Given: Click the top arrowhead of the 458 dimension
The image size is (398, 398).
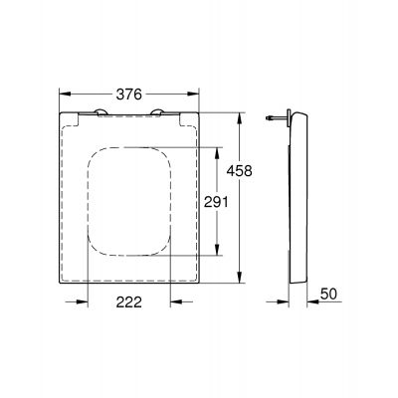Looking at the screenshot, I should coord(243,114).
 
